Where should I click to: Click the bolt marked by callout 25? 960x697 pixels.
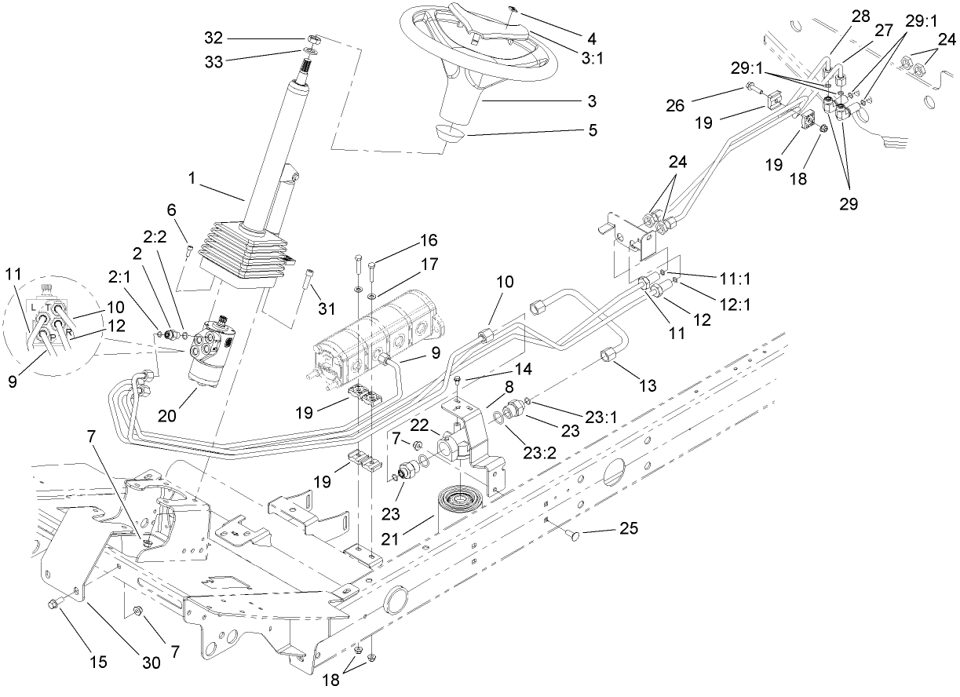point(573,535)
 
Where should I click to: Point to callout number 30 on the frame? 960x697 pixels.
point(151,662)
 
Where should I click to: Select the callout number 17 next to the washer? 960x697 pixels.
point(428,266)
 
